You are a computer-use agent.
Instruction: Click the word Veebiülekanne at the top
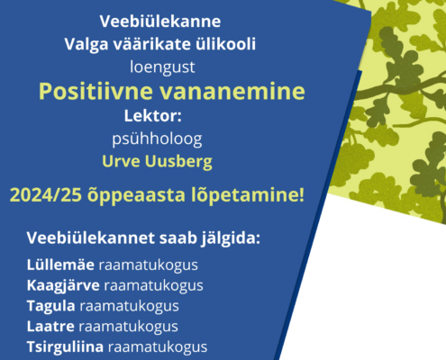160,22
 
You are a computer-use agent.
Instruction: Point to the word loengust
162,67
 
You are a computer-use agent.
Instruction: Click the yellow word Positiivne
96,92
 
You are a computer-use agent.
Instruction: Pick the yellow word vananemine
232,92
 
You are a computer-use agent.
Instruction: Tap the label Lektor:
153,116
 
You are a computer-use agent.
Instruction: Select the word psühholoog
157,139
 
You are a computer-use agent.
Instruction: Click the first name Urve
121,161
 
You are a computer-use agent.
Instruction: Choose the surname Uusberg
178,162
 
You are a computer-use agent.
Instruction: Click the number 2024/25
46,195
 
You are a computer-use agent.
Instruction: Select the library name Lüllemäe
60,265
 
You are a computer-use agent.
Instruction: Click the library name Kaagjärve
63,286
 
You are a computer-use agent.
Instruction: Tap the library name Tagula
51,306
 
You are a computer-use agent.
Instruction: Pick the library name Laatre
50,327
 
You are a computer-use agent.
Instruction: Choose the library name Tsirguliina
66,347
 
